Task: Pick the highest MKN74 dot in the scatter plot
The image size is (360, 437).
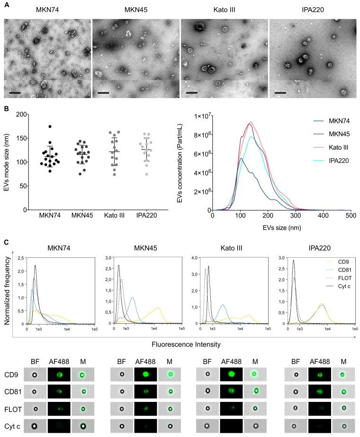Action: point(50,127)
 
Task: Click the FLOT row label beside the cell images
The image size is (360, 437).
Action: point(11,408)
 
